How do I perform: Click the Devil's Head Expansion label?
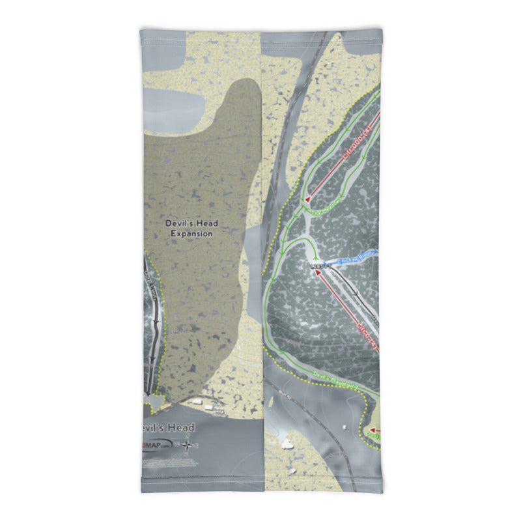(x=191, y=228)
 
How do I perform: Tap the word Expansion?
(x=191, y=233)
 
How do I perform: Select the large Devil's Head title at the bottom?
(x=167, y=427)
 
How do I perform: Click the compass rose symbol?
(x=188, y=445)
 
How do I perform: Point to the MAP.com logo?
(x=160, y=445)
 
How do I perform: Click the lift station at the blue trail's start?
(x=319, y=266)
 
